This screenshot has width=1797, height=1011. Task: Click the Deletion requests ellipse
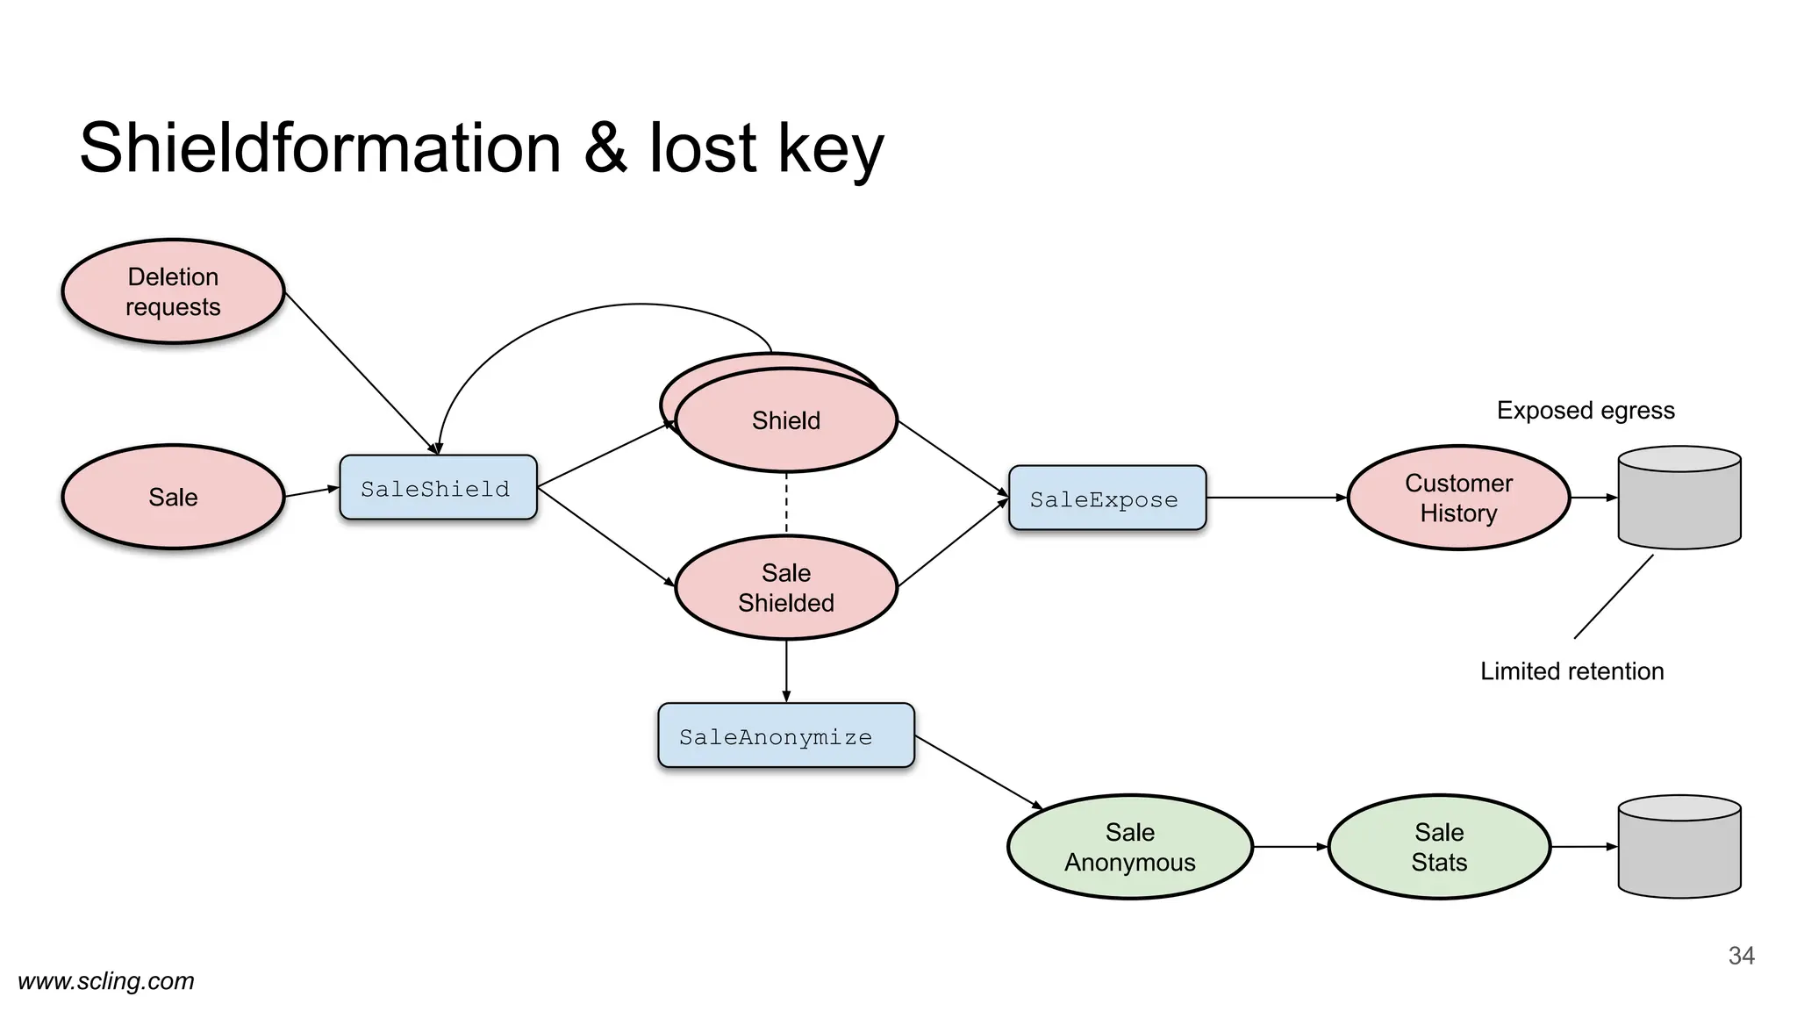pos(173,291)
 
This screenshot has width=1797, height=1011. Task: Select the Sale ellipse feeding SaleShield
pos(173,497)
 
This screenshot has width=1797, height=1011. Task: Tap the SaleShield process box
pos(438,488)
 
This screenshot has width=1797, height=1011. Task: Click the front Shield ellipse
pos(786,421)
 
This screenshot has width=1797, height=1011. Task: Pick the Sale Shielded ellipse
pos(786,587)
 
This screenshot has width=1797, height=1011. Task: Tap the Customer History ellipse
pos(1458,498)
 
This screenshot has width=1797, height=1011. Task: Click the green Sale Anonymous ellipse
pos(1129,847)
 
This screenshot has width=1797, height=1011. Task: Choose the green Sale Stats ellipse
pos(1439,847)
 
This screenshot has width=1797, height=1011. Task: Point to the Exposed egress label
pos(1586,411)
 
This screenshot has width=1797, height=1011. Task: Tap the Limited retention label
pos(1571,671)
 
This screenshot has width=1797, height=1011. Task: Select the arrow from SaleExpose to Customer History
pos(1277,498)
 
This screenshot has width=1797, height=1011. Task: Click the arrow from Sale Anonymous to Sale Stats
pos(1290,847)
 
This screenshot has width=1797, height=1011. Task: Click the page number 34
pos(1741,956)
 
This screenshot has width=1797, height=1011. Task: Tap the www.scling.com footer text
pos(106,981)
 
